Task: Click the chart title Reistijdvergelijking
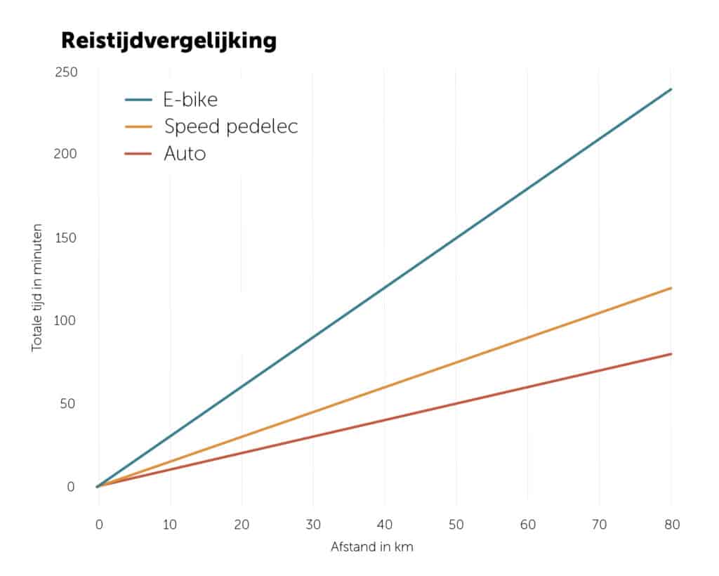tap(169, 41)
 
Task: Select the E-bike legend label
tap(190, 99)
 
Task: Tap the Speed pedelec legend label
tap(230, 126)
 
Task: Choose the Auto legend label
tap(185, 154)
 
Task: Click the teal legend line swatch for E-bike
tap(139, 100)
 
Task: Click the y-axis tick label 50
tap(68, 403)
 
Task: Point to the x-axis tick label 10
tap(170, 524)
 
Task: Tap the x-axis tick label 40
tap(385, 524)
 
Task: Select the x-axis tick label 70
tap(599, 524)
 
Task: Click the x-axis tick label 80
tap(671, 524)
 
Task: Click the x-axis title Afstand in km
tap(372, 547)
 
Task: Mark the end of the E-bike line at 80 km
tap(671, 89)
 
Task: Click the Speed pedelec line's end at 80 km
tap(671, 288)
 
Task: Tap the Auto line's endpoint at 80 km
tap(671, 354)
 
